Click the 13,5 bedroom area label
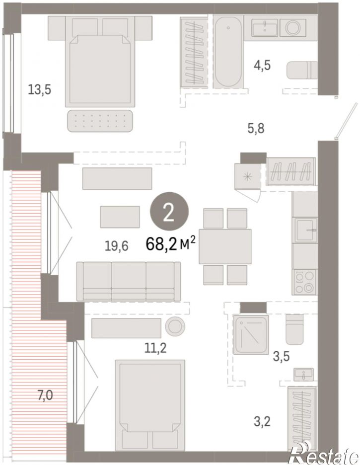pos(39,89)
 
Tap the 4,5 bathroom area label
pos(262,65)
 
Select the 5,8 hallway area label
pos(256,129)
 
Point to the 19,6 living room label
pos(117,246)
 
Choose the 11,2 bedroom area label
pos(155,347)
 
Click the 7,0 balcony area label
pos(45,395)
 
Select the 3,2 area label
pos(262,421)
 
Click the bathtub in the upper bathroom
pos(228,52)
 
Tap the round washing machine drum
pos(294,28)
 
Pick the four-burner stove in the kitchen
pos(304,282)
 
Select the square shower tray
pos(251,335)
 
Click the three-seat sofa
pos(129,281)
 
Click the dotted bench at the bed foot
pos(100,121)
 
